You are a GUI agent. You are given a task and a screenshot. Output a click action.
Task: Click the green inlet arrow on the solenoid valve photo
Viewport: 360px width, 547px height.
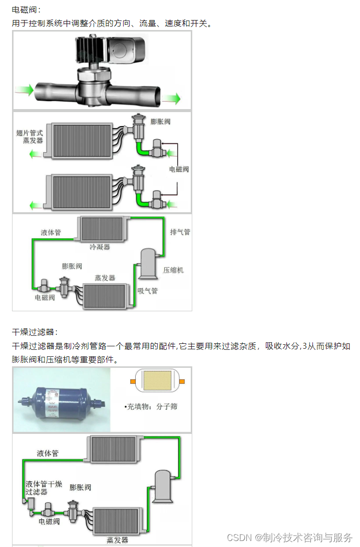(x=24, y=91)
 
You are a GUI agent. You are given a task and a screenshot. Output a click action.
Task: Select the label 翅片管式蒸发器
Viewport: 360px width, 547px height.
(x=30, y=137)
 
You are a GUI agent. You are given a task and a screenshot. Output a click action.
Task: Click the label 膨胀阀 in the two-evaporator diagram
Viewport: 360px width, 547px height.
(x=160, y=122)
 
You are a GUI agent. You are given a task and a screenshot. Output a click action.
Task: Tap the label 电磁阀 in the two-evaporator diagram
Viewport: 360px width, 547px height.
(x=179, y=169)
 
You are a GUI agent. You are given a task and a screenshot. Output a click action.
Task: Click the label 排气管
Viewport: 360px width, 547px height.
(x=180, y=232)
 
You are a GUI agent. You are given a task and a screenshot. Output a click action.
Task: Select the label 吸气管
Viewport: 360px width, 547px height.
(x=147, y=291)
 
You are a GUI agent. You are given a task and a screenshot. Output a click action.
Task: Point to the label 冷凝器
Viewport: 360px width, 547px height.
(x=100, y=247)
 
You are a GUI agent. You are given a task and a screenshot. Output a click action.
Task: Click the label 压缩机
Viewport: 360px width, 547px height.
(x=173, y=270)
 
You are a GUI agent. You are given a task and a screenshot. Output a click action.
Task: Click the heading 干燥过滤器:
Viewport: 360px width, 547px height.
(x=35, y=332)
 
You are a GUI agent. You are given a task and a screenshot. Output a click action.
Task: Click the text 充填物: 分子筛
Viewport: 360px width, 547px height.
(x=151, y=406)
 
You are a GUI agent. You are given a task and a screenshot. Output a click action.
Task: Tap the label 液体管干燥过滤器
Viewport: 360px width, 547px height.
(x=44, y=488)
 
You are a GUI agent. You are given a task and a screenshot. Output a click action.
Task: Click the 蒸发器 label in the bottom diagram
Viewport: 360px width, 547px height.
(x=117, y=540)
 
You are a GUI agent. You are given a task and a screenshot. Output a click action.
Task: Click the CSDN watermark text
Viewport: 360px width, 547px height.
(x=290, y=537)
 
